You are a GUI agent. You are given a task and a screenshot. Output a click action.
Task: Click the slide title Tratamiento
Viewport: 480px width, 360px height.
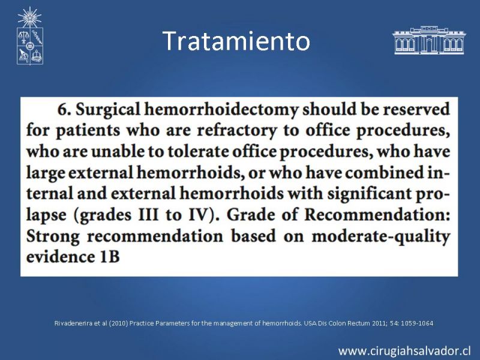click(x=236, y=41)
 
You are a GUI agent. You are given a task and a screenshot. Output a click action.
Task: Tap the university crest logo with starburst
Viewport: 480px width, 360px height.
click(x=29, y=36)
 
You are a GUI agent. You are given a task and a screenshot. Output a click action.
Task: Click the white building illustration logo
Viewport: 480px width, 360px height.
click(x=428, y=40)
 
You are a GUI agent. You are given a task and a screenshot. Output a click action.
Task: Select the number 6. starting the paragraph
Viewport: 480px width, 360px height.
click(x=64, y=109)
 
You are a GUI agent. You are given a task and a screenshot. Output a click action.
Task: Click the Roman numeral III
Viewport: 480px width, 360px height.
click(x=149, y=215)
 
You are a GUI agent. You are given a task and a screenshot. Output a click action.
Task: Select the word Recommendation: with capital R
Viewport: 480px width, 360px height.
click(x=377, y=215)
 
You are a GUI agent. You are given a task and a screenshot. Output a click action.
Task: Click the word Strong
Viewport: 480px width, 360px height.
click(x=53, y=237)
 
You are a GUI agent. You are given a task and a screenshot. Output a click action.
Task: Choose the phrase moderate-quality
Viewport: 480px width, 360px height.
click(x=381, y=237)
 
